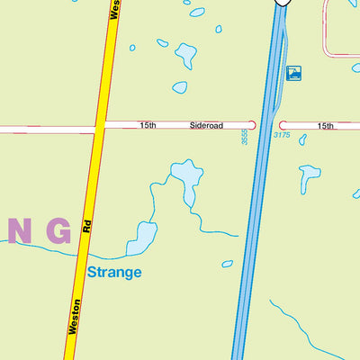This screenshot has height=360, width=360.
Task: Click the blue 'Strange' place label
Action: pos(114,272)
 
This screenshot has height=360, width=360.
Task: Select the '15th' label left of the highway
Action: pos(147,126)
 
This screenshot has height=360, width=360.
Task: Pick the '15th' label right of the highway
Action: pos(326,126)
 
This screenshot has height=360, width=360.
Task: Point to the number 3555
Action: pos(244,138)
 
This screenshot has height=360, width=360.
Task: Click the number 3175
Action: pos(282,136)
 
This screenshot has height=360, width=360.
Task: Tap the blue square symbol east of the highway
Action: pos(293,73)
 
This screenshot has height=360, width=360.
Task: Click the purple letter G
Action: pos(58,231)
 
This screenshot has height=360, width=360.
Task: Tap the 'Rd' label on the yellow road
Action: pos(88,229)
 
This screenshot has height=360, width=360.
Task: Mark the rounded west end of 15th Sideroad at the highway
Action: pos(251,125)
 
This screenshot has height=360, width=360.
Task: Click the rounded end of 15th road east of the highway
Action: pos(283,125)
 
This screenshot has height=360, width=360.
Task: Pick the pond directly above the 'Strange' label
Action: pos(142,237)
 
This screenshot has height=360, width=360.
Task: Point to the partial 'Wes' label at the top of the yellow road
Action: pos(114,9)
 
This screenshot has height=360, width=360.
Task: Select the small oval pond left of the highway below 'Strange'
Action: pos(228,264)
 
